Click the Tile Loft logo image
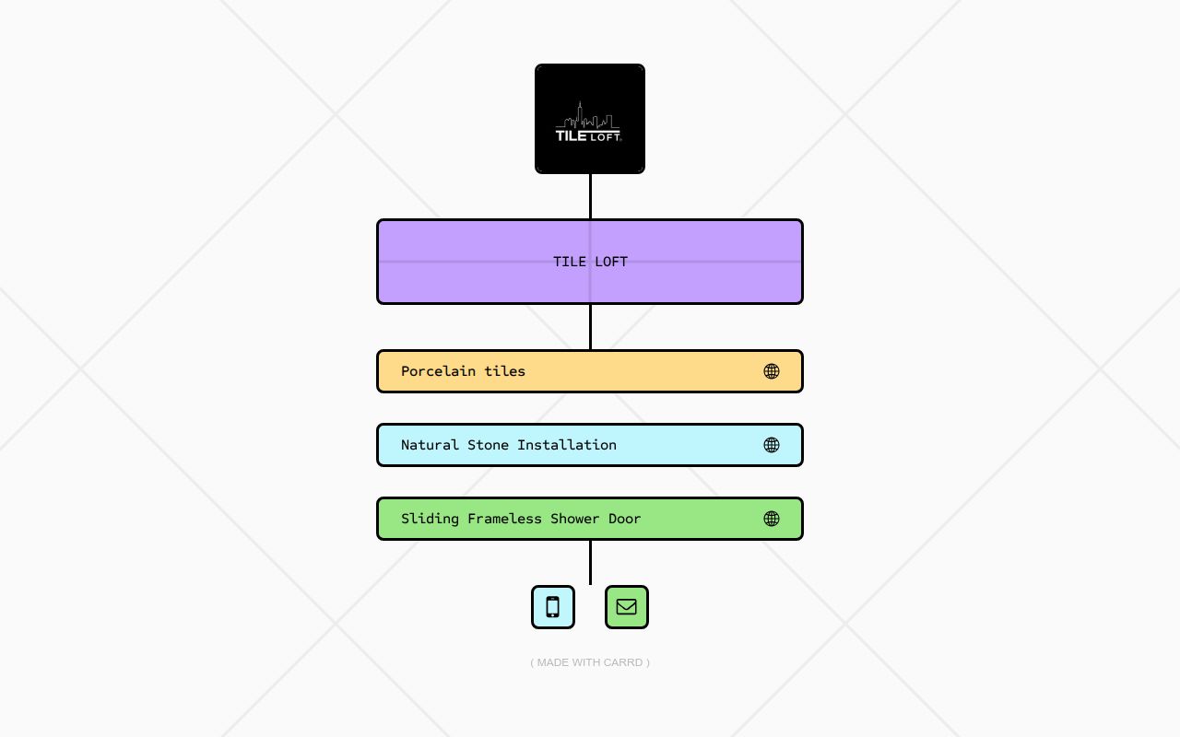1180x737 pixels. coord(589,119)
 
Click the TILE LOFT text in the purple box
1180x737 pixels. coord(590,262)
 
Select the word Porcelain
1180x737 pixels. coord(438,371)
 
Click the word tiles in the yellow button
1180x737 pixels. coord(504,371)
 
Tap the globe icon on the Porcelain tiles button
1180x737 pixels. coord(772,371)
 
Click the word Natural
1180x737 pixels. coord(430,445)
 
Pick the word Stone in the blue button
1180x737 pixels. coord(488,445)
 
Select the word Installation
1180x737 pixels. coord(567,445)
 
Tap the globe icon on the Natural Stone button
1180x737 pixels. coord(772,445)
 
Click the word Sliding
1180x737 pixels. coord(430,519)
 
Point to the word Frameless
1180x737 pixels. coord(504,519)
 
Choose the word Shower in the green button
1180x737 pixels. coord(574,519)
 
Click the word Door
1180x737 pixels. coord(625,519)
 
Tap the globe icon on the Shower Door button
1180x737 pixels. coord(772,519)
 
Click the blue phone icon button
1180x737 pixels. coord(552,607)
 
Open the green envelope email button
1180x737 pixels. coord(626,607)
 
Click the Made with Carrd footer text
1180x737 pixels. coord(590,662)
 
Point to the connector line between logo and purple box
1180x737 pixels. coord(590,196)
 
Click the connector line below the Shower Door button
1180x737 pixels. coord(590,562)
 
